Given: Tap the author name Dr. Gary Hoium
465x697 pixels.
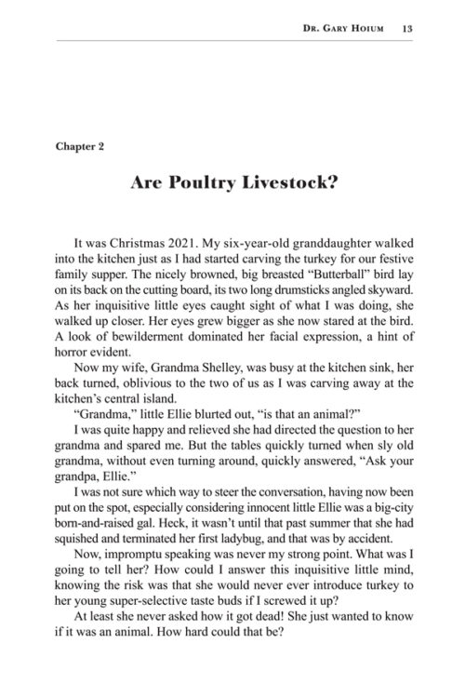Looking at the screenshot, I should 347,28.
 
